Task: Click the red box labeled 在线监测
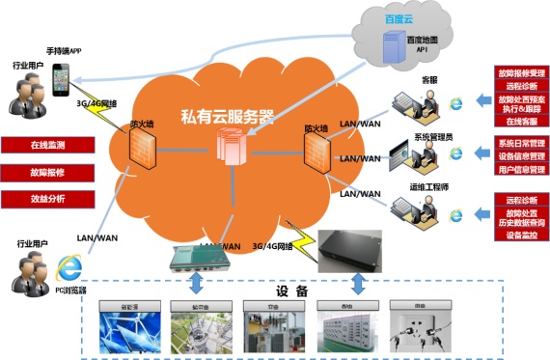pyautogui.click(x=46, y=145)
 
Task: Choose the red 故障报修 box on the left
pyautogui.click(x=46, y=173)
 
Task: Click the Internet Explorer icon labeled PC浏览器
pyautogui.click(x=69, y=265)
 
